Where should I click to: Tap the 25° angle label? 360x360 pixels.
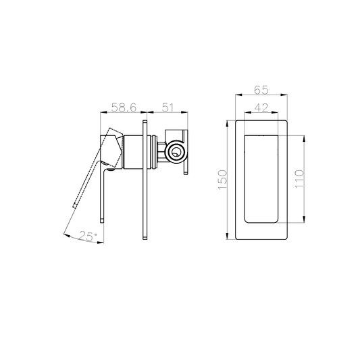tap(88, 236)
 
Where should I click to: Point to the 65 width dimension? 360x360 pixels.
tap(262, 89)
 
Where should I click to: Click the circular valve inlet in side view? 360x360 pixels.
tap(177, 153)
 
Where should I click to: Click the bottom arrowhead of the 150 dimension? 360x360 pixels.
tap(230, 236)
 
